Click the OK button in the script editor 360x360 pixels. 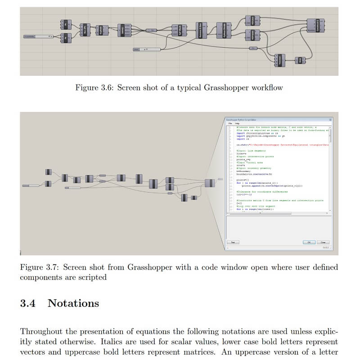click(309, 242)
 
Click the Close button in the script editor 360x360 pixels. click(323, 242)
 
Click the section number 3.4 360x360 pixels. click(27, 303)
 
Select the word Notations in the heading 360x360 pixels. click(73, 303)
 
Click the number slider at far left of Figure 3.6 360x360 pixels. click(39, 36)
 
